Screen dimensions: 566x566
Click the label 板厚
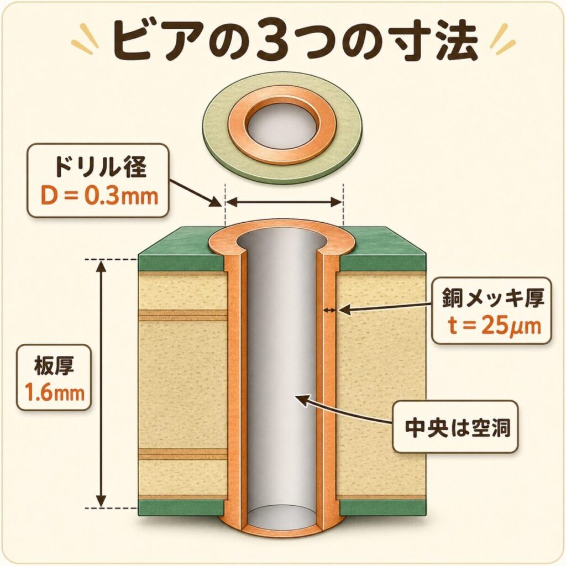[54, 365]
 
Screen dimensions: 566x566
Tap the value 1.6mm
[54, 393]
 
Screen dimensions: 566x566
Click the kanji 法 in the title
[448, 43]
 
